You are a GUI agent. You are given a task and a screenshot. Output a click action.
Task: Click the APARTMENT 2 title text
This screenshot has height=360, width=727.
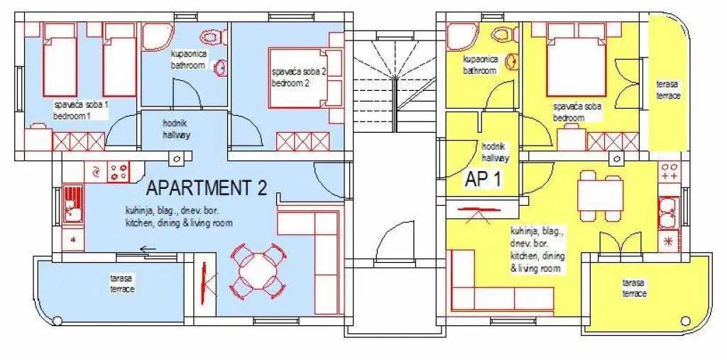(207, 188)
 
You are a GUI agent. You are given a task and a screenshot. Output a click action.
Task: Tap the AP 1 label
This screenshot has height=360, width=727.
(482, 180)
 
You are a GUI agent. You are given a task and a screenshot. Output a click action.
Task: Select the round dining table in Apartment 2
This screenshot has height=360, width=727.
(258, 271)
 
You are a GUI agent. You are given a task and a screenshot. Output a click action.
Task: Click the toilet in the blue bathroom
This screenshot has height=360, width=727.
(214, 37)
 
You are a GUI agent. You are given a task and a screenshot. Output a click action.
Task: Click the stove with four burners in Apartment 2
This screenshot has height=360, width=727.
(119, 172)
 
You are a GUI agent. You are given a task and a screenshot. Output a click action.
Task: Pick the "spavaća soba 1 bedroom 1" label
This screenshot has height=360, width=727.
(81, 110)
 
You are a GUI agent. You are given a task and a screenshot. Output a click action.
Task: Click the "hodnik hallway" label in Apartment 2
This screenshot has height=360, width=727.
(177, 129)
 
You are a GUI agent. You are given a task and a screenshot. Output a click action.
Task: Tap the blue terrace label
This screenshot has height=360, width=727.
(122, 283)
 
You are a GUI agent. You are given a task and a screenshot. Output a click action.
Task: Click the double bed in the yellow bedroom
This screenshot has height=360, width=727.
(576, 60)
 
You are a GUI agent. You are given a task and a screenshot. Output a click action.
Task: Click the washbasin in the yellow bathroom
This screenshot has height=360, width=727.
(513, 61)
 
